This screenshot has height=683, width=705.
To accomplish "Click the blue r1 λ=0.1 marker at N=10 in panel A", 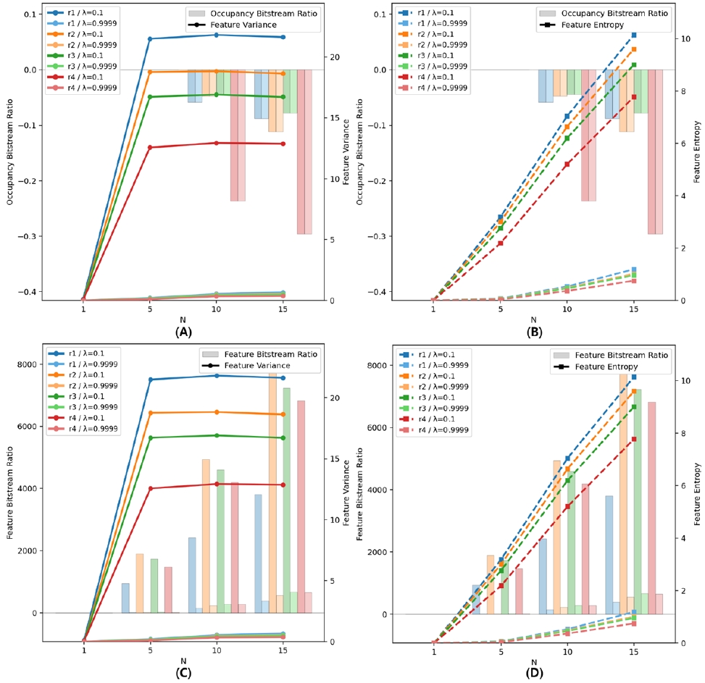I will click(x=216, y=35).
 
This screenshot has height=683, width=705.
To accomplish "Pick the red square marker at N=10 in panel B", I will click(x=567, y=164).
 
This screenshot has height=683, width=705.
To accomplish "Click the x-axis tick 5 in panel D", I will click(x=500, y=652).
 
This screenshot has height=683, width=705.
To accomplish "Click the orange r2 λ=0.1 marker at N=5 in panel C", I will click(x=150, y=413).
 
